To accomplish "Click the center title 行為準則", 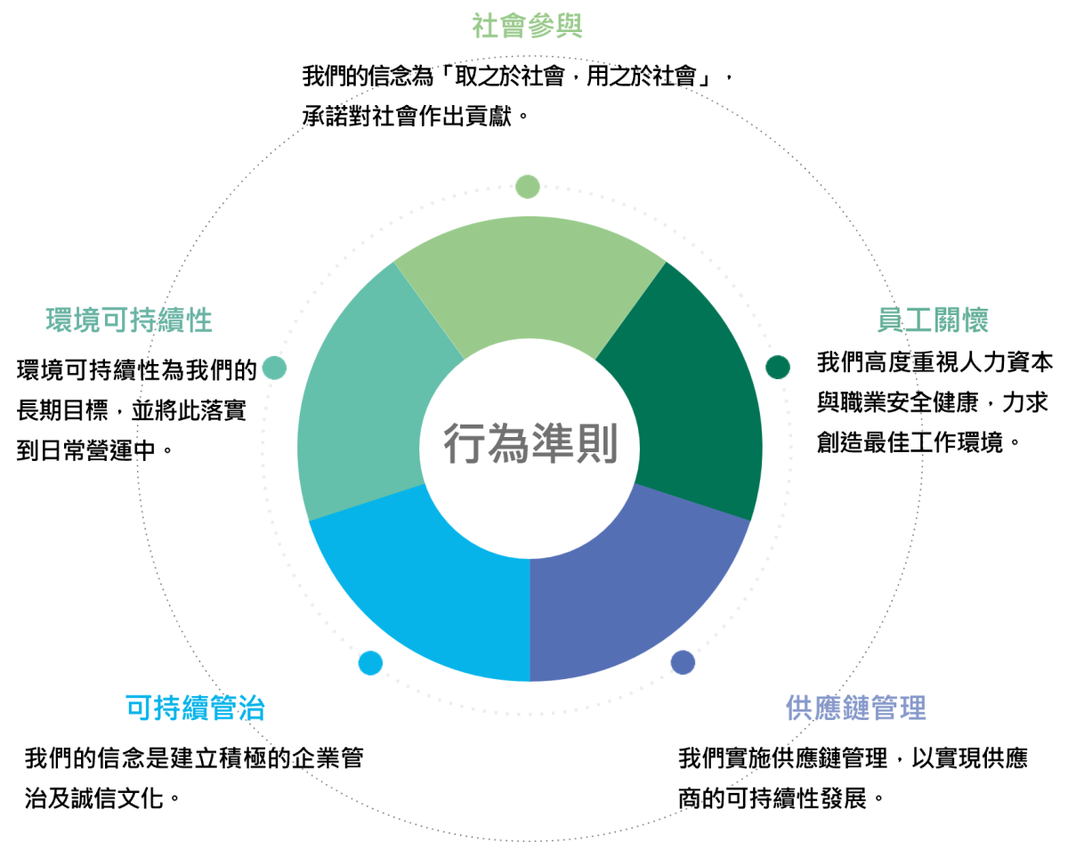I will (530, 443).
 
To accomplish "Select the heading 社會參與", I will (527, 27).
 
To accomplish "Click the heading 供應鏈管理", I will (856, 708).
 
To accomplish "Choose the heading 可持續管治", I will (196, 708).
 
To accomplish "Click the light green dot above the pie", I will (528, 186).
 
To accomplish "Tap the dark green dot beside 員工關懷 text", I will (778, 367).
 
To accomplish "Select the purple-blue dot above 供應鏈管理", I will (683, 662).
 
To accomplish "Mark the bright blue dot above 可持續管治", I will (370, 663).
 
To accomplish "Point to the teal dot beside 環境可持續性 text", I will (274, 368).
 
